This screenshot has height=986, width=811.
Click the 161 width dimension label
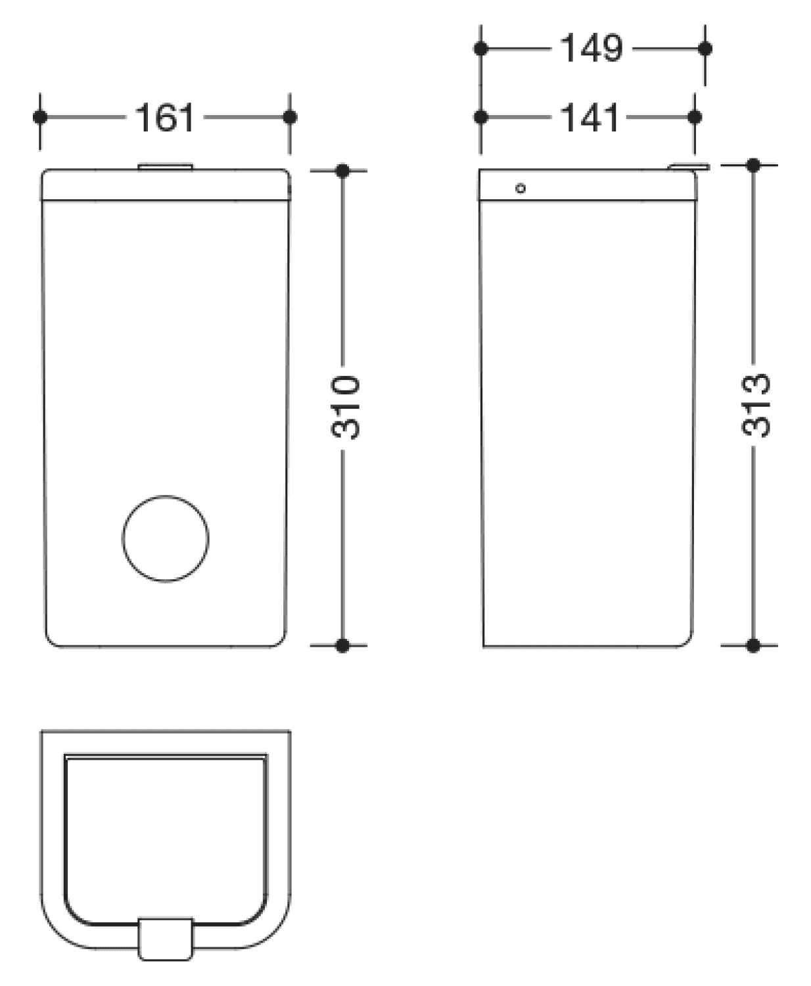[164, 118]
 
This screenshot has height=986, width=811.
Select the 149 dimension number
[591, 48]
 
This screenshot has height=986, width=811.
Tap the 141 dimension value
[590, 118]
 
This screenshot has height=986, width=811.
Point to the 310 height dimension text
[345, 407]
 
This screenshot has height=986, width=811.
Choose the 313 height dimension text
[755, 405]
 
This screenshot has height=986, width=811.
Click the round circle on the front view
[166, 538]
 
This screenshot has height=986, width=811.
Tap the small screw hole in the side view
[521, 188]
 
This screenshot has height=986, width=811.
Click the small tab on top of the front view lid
[166, 166]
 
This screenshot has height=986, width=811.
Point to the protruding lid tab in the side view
[688, 166]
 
